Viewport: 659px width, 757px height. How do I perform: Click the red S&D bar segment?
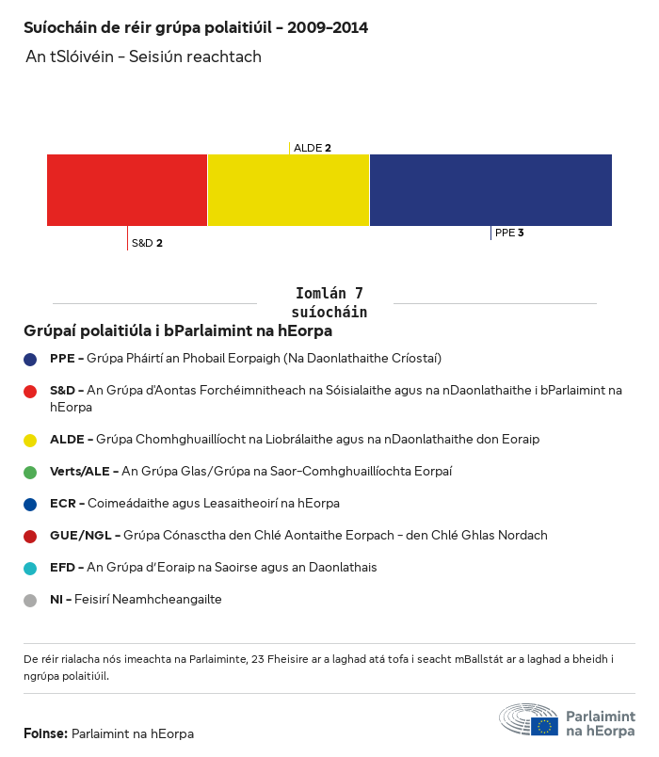point(127,190)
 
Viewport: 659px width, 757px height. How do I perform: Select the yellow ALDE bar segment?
point(288,190)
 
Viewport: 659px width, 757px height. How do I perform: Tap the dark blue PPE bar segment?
point(490,190)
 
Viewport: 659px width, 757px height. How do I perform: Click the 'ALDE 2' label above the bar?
point(312,148)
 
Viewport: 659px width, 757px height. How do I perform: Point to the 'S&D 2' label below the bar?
point(147,243)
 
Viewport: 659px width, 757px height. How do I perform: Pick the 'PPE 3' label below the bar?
point(508,233)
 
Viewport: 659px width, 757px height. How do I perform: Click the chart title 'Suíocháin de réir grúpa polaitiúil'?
point(195,27)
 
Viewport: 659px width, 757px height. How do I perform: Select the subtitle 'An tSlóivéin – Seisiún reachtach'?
point(143,57)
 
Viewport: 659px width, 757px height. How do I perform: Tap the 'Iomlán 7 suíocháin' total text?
point(329,302)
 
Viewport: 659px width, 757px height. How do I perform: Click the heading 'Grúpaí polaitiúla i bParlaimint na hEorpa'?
point(178,331)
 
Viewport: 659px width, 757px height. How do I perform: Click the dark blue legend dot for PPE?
point(31,359)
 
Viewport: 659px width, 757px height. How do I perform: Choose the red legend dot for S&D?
point(31,390)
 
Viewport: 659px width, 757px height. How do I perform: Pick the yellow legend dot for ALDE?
point(31,440)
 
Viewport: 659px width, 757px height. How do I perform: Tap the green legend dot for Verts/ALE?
point(31,472)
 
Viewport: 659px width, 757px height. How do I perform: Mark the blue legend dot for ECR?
point(31,504)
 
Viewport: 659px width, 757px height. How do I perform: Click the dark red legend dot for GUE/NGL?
point(31,536)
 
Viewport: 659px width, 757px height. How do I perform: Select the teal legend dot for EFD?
point(31,568)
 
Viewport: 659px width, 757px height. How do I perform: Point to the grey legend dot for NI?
point(31,600)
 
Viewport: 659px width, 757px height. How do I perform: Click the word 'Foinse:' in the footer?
point(45,733)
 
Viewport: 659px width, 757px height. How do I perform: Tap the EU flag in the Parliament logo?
point(544,726)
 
